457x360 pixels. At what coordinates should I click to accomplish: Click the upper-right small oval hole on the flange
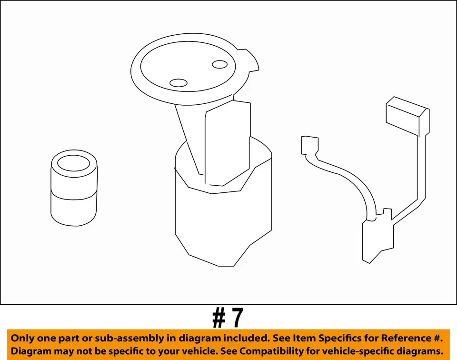[219, 64]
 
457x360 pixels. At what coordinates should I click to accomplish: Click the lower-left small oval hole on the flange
[179, 83]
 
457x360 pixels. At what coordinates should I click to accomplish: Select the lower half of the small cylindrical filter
[74, 210]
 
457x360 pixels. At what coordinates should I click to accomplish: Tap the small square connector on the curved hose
[309, 145]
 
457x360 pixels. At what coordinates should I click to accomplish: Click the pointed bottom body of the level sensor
[378, 240]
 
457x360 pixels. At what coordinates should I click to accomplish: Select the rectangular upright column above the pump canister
[227, 143]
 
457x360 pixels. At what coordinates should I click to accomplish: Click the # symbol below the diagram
[219, 318]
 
